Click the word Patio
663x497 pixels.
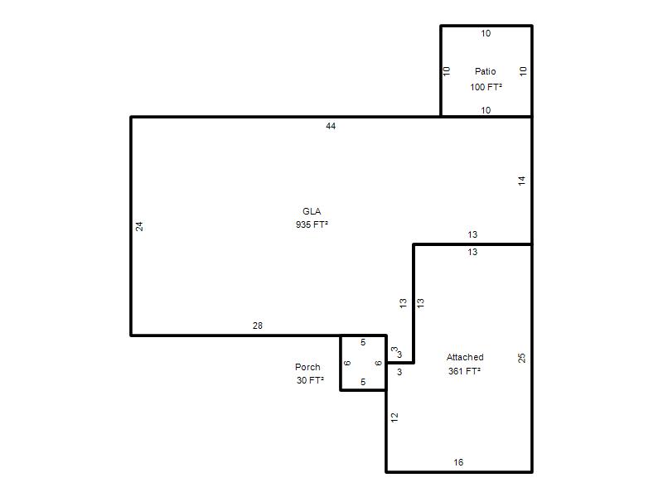(485, 71)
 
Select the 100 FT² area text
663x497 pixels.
(486, 87)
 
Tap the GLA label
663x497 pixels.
(312, 211)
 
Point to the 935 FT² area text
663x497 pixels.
(312, 224)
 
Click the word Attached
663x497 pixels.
(465, 357)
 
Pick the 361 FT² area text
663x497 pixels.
(464, 371)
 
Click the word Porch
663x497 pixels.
(307, 367)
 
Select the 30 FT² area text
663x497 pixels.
(310, 380)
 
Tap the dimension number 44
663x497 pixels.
(331, 126)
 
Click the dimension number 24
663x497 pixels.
(139, 226)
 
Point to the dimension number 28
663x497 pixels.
(258, 326)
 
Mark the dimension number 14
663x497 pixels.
(522, 181)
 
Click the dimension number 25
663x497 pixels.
(522, 358)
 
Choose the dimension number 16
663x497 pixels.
(458, 462)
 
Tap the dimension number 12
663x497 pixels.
(394, 417)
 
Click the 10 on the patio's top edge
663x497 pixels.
(486, 33)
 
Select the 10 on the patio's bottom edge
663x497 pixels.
(486, 110)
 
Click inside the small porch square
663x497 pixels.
(363, 363)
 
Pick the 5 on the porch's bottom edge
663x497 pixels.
(363, 382)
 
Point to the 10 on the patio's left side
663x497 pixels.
(447, 71)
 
